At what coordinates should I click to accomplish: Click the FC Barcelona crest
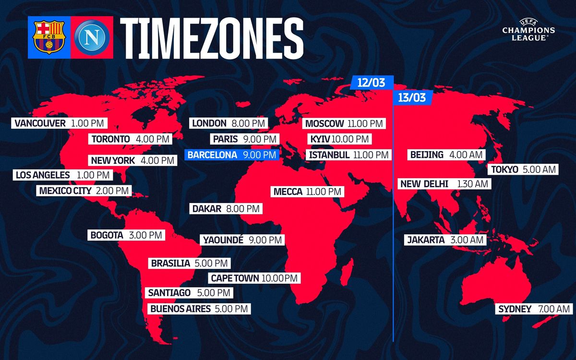(x=48, y=37)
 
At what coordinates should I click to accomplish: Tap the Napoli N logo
(x=92, y=37)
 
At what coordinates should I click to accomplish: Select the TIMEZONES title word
(x=211, y=38)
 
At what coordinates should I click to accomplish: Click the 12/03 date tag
(x=372, y=83)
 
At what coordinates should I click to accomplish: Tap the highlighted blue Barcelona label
(x=232, y=155)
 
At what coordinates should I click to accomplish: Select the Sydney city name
(x=515, y=309)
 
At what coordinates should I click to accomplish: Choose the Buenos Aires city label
(x=180, y=309)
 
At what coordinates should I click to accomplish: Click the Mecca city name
(x=288, y=192)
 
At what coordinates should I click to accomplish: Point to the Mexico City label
(x=65, y=191)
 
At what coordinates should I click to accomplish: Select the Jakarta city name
(x=426, y=240)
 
